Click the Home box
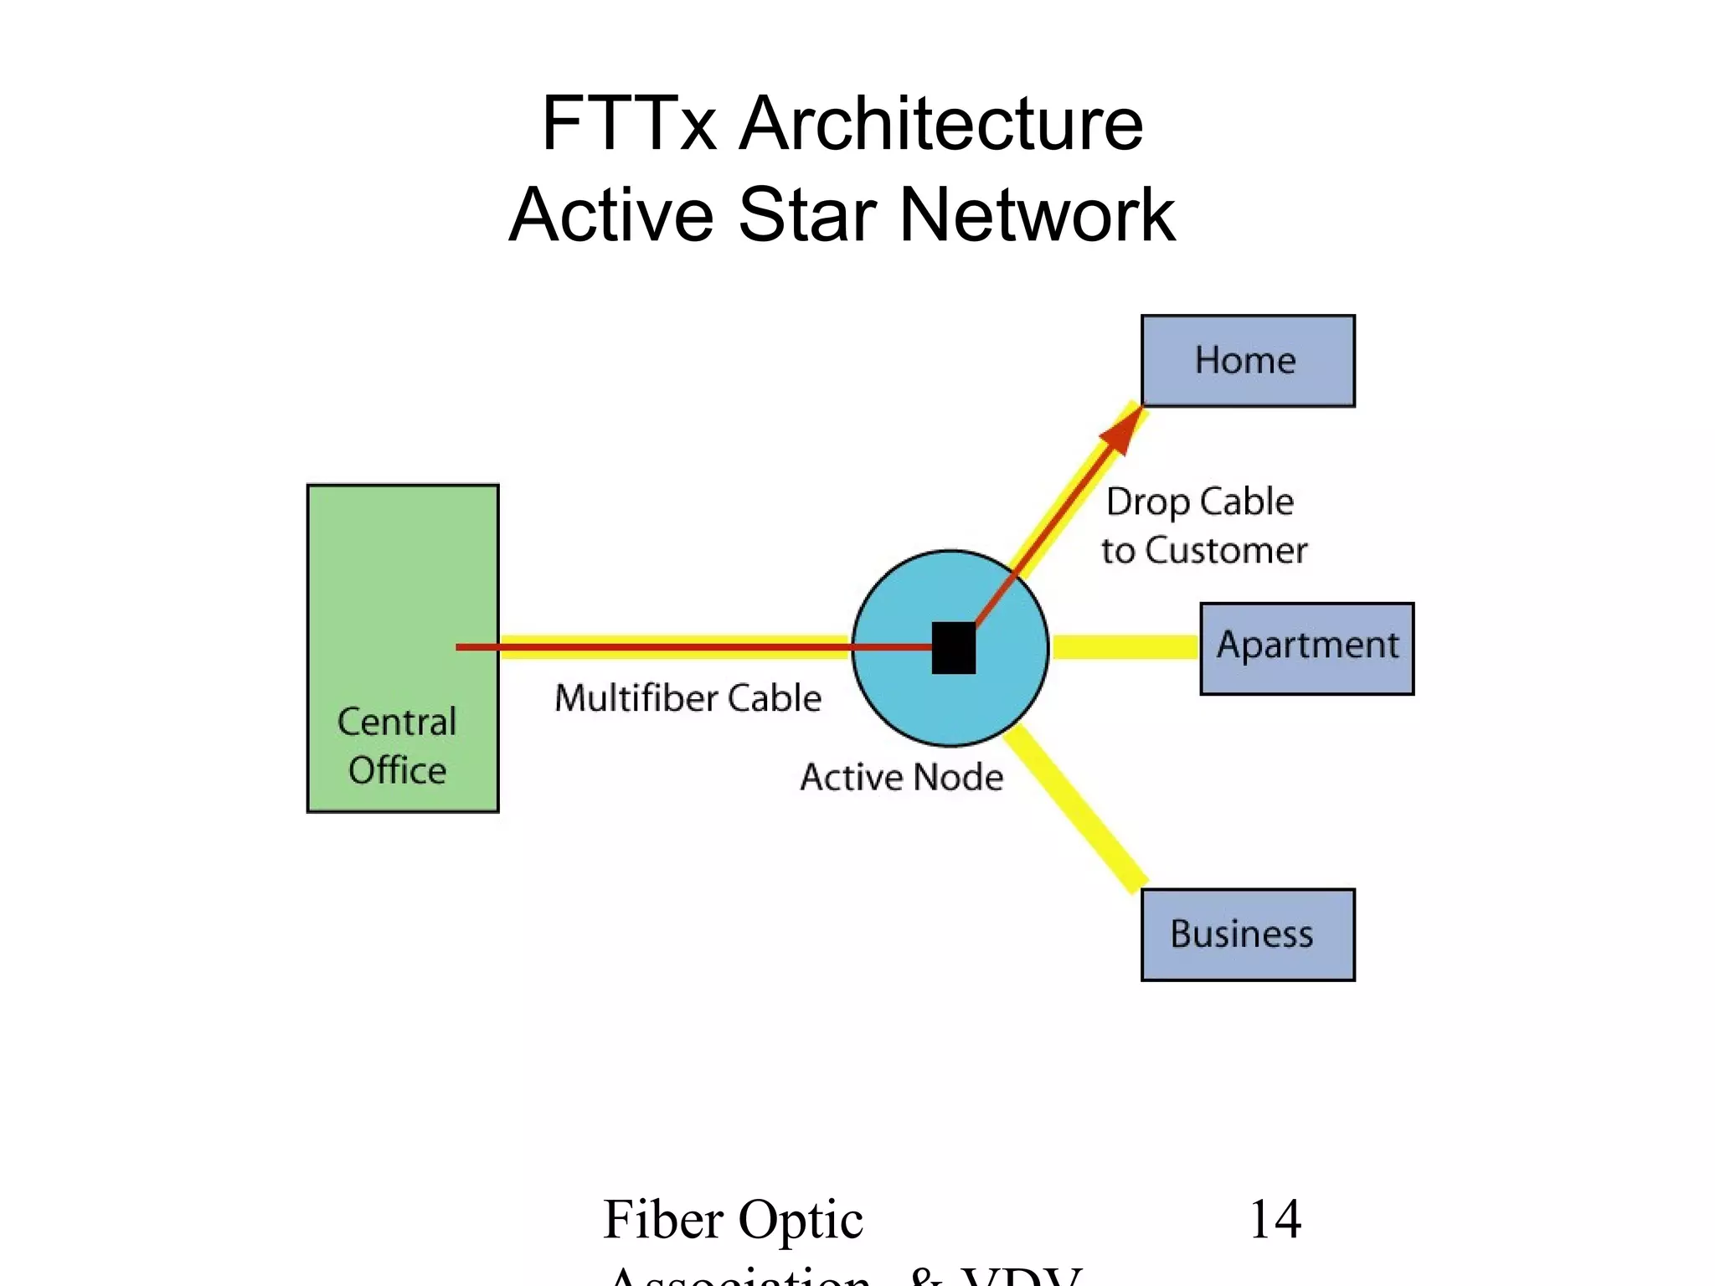(1248, 361)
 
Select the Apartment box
(1306, 648)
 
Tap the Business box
(1248, 934)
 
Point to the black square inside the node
(954, 647)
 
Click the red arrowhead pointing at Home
(1122, 430)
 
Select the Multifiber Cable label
(688, 697)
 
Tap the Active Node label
(901, 777)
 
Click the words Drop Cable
(1200, 502)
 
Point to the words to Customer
(1204, 551)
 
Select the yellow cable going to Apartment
(1124, 647)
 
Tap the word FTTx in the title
(629, 123)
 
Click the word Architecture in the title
(941, 123)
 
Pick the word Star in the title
(807, 214)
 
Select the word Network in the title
(1038, 214)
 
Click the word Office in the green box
(397, 770)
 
